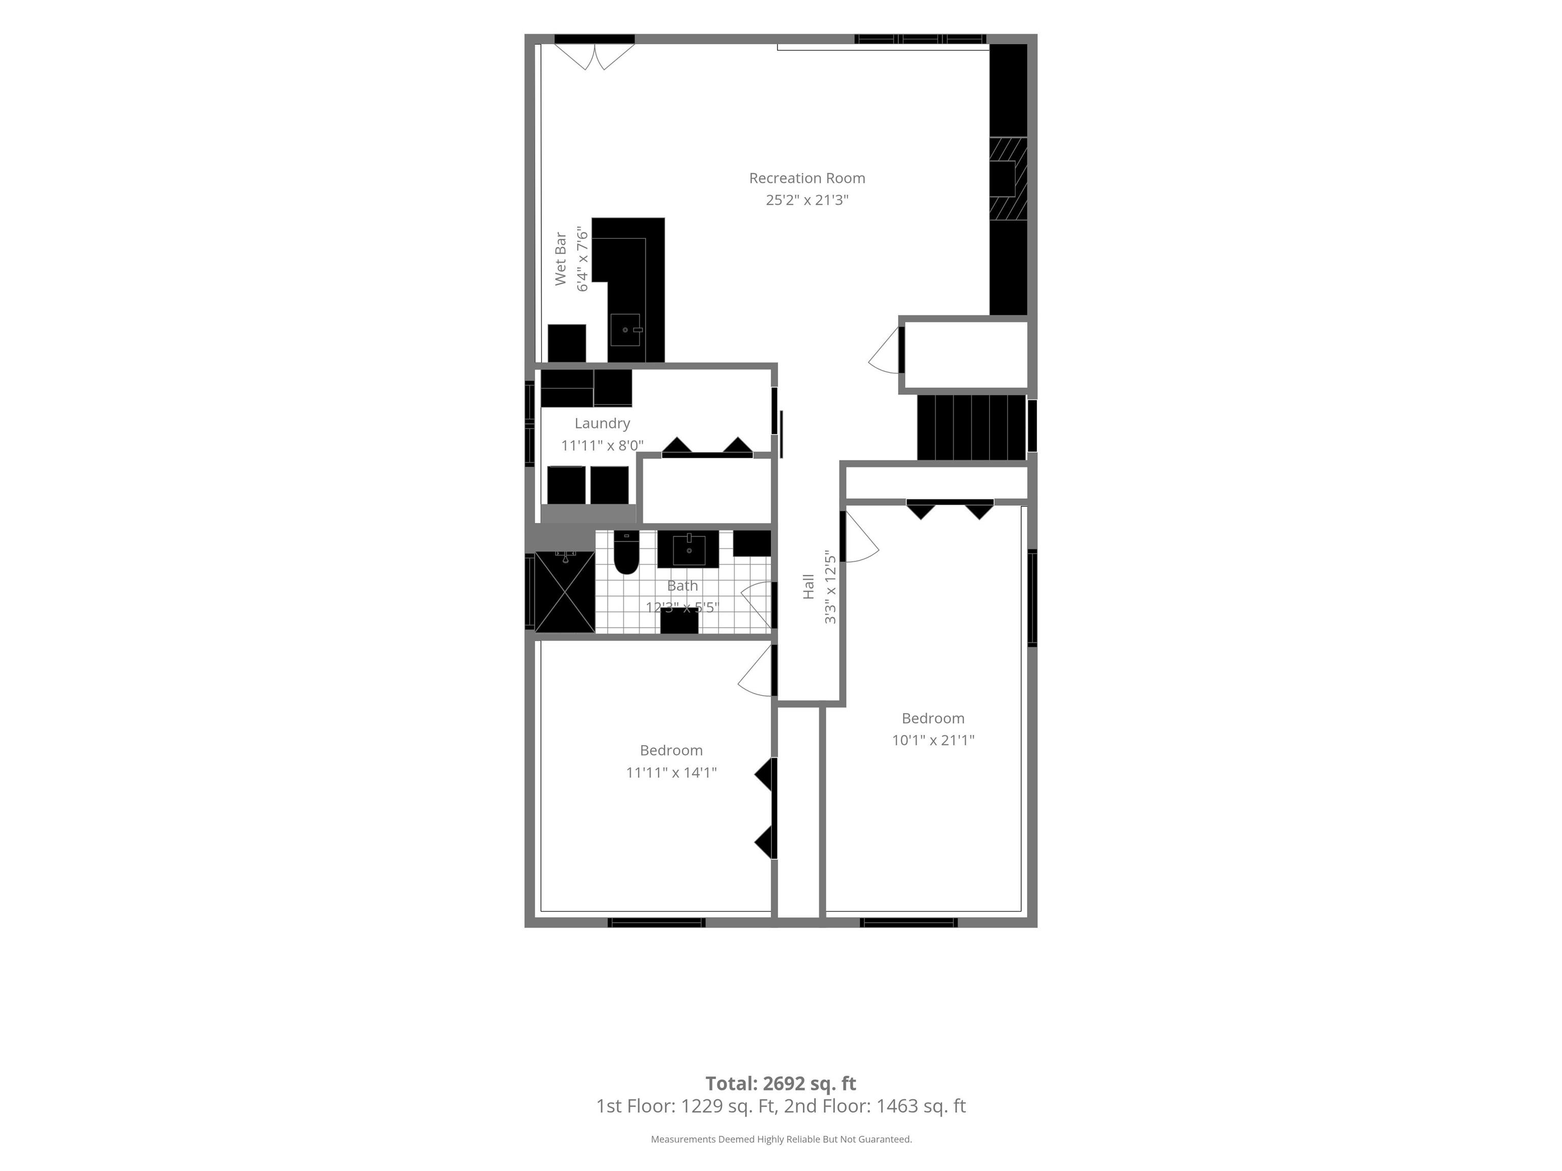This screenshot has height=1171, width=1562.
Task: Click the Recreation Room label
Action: (x=807, y=178)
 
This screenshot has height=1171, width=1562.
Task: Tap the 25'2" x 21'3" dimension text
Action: (x=807, y=200)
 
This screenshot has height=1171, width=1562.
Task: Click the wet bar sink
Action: (x=625, y=330)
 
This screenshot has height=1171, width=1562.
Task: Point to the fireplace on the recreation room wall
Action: (x=1008, y=178)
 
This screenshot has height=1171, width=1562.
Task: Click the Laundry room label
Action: (x=603, y=423)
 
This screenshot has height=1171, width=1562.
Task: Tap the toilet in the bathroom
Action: (x=625, y=552)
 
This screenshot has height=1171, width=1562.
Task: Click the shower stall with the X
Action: (x=565, y=592)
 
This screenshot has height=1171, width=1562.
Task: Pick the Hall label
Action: (x=808, y=587)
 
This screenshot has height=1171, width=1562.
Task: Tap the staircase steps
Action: (x=972, y=427)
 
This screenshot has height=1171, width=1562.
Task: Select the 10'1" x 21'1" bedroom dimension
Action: (x=933, y=739)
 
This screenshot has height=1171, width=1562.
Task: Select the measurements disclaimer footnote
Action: (x=781, y=1138)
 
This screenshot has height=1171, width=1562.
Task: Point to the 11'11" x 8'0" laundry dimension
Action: (x=603, y=445)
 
